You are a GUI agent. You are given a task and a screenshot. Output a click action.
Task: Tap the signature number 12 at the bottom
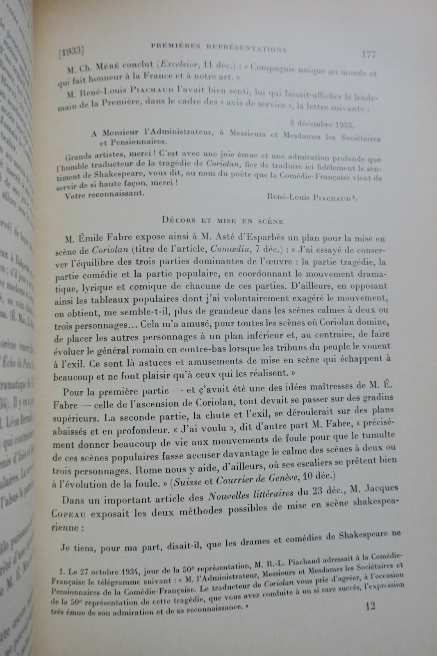tap(370, 606)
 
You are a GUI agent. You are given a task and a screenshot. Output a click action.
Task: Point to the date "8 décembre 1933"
tap(322, 123)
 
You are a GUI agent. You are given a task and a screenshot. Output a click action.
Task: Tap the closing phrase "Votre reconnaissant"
tap(104, 194)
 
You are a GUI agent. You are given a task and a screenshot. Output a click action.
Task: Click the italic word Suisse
tap(188, 483)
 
